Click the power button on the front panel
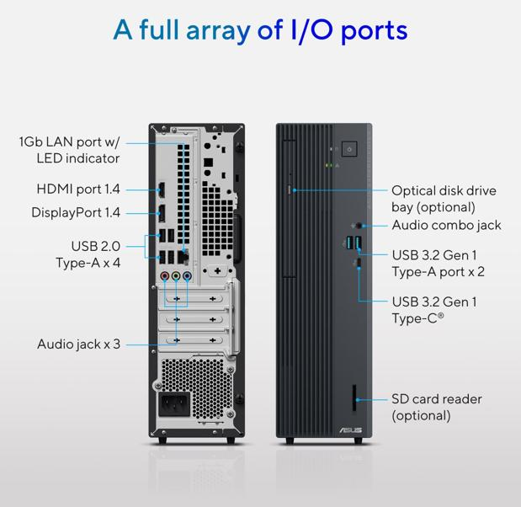click(x=349, y=149)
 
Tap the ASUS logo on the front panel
click(x=351, y=430)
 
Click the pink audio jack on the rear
click(x=165, y=275)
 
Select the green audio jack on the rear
click(x=176, y=275)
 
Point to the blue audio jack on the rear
click(x=187, y=275)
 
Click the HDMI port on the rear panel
click(x=162, y=190)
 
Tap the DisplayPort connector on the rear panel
click(x=162, y=213)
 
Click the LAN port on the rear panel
click(x=183, y=256)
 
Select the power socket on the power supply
click(x=174, y=404)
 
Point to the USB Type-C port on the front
click(x=359, y=264)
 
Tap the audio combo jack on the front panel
click(x=359, y=226)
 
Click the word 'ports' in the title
click(x=375, y=30)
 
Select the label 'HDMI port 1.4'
click(x=78, y=189)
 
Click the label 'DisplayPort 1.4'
click(x=76, y=212)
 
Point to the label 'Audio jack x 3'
click(x=79, y=344)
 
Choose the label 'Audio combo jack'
click(x=446, y=226)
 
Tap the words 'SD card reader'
click(x=437, y=399)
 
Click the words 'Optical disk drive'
click(x=444, y=190)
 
